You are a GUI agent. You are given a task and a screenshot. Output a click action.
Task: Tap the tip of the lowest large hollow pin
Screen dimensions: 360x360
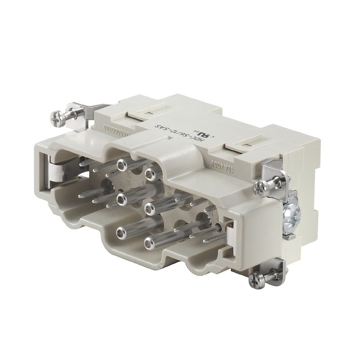click(x=121, y=233)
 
